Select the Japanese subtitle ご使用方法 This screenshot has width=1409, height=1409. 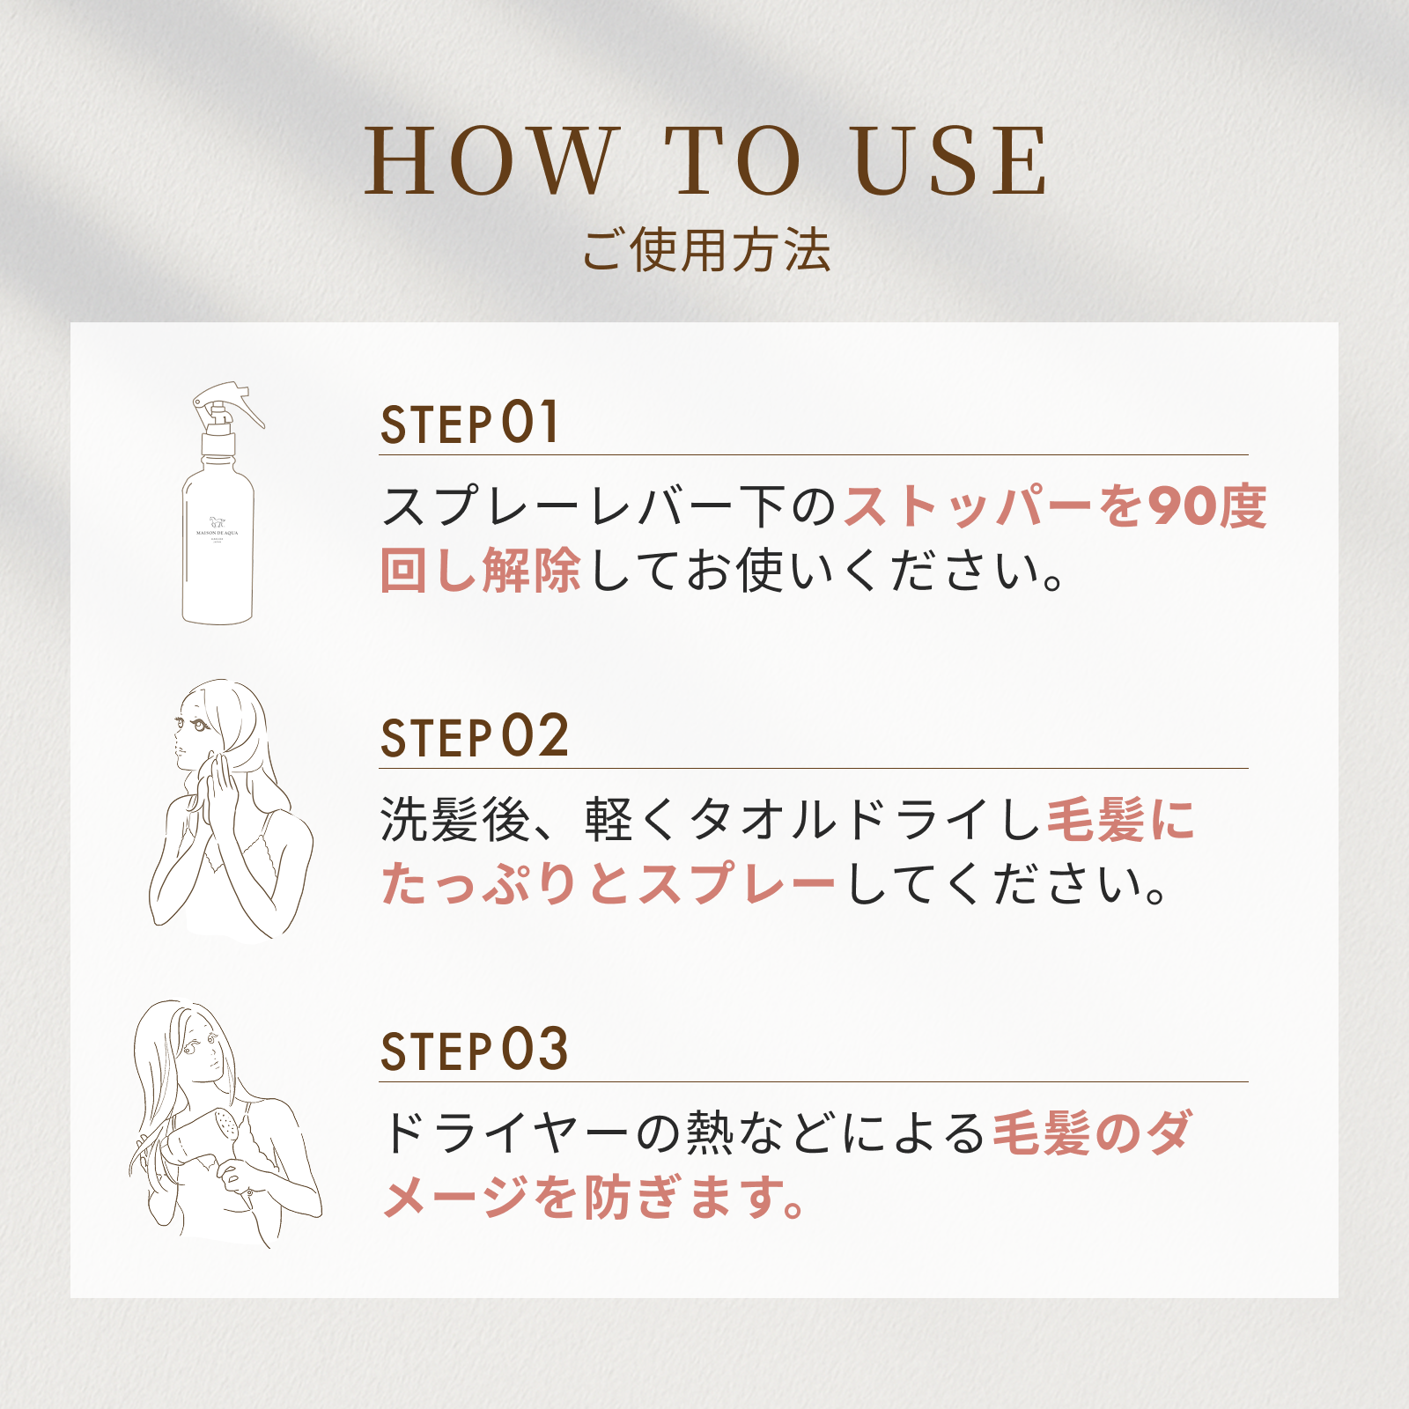click(x=705, y=250)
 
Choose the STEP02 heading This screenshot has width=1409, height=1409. click(x=474, y=737)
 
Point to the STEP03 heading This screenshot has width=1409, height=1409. click(x=474, y=1051)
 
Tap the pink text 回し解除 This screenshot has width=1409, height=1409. click(x=480, y=571)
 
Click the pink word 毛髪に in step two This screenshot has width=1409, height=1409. click(x=1120, y=821)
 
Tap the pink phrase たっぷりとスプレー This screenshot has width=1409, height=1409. click(x=608, y=884)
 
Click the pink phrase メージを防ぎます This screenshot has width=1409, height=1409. click(x=594, y=1198)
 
